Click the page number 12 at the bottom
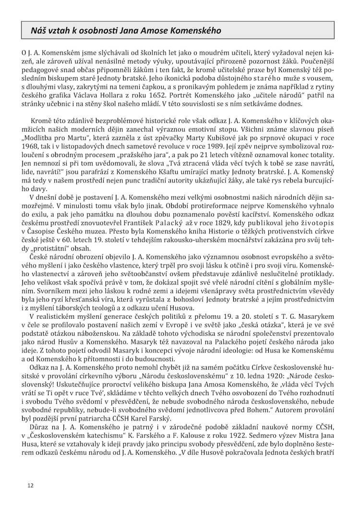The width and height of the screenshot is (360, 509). tap(30, 485)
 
